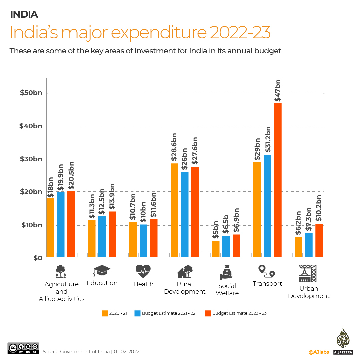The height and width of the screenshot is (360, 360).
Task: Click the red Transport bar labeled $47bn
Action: click(278, 180)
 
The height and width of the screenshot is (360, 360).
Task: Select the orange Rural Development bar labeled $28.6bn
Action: click(174, 210)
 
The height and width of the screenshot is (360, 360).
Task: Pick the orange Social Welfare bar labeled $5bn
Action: click(216, 249)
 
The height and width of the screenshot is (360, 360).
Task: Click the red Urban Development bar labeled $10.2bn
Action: click(319, 240)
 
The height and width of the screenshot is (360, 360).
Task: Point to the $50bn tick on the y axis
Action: click(31, 93)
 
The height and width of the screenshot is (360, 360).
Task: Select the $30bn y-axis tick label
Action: click(31, 159)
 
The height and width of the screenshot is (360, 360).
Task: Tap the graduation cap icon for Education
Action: click(102, 271)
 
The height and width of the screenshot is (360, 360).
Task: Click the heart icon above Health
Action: click(143, 271)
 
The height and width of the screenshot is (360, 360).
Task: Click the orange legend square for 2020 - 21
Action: click(105, 313)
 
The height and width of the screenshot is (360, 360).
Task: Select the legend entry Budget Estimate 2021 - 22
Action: click(168, 313)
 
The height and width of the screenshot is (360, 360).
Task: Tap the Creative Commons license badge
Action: click(23, 348)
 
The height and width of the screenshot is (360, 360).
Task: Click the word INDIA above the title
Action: click(24, 14)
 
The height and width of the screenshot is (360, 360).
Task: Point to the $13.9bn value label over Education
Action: click(112, 197)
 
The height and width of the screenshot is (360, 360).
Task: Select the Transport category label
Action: click(267, 283)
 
